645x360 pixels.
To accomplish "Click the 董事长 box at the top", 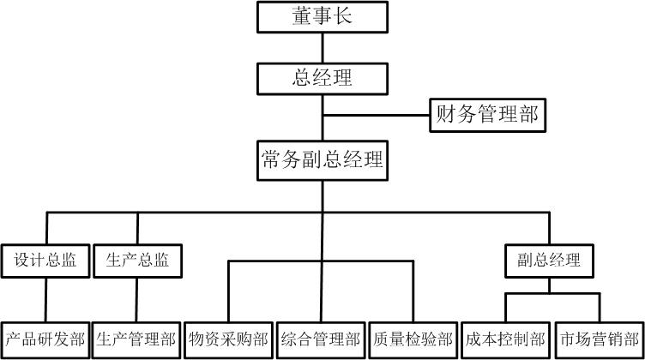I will click(x=322, y=16).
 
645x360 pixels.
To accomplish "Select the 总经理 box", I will click(x=322, y=78).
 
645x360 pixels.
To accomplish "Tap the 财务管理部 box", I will click(x=487, y=114).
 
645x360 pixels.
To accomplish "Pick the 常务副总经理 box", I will click(x=322, y=159).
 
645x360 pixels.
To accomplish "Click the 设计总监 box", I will click(x=45, y=260).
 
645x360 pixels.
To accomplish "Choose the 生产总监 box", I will click(x=137, y=260).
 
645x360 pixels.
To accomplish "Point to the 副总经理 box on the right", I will click(x=549, y=260).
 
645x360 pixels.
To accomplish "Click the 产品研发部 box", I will click(x=45, y=339).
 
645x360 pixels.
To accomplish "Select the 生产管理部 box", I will click(x=137, y=339).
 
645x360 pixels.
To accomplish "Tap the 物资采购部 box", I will click(x=229, y=339).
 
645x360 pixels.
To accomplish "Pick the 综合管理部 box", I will click(x=322, y=339).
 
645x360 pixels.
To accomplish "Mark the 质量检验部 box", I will click(x=413, y=339).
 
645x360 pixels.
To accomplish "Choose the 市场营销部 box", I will click(x=599, y=339).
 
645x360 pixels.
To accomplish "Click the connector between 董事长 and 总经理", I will click(x=322, y=47).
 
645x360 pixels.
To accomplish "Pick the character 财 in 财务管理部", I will click(x=447, y=114).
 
